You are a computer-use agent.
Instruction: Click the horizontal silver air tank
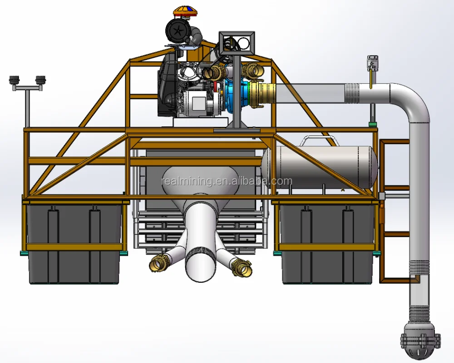coord(319,167)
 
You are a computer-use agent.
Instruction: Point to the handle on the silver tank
coord(319,141)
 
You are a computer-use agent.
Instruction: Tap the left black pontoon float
coord(74,243)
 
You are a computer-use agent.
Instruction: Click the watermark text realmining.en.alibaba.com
coord(227,181)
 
